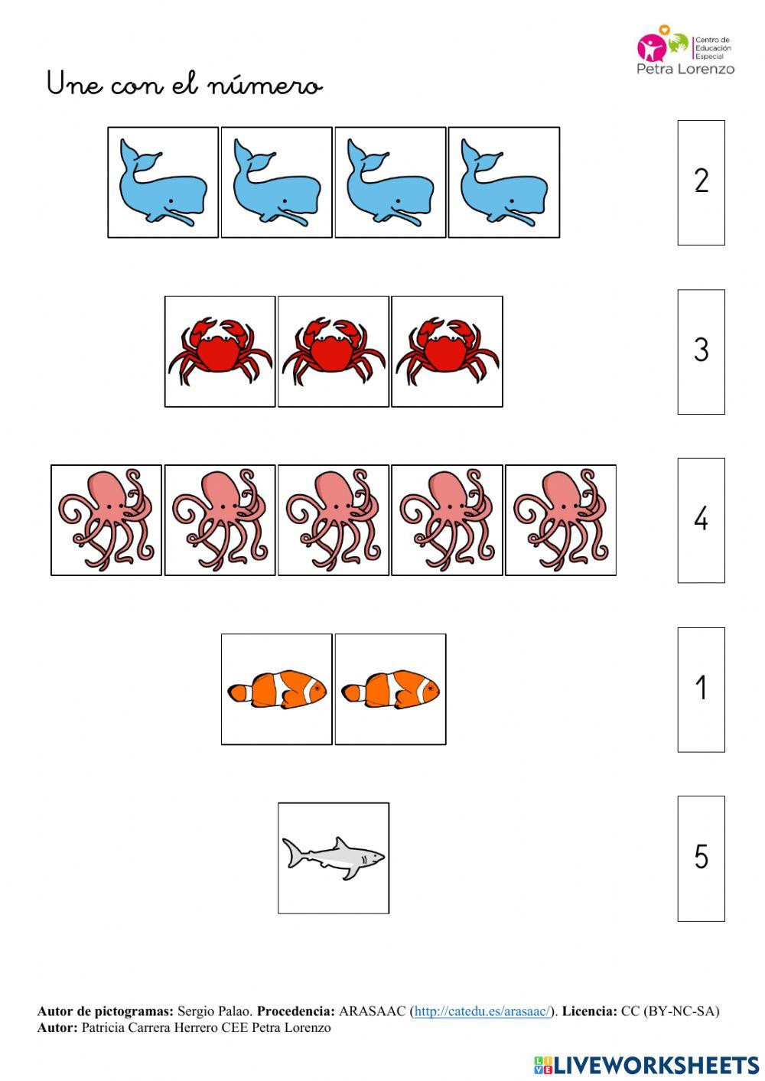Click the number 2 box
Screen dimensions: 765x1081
point(701,182)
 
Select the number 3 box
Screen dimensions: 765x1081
point(701,352)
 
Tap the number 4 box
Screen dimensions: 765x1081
point(701,520)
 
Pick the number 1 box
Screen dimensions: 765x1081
point(701,689)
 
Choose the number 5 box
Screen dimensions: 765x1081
point(701,858)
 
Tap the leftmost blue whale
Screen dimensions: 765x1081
point(163,182)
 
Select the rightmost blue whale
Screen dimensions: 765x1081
point(504,182)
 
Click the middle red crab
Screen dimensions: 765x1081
point(333,351)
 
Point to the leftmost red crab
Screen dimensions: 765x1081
point(220,351)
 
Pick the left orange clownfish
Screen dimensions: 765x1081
point(277,689)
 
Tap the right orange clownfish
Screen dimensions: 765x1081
point(390,689)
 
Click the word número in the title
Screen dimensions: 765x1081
point(265,84)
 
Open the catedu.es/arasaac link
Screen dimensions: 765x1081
point(482,1011)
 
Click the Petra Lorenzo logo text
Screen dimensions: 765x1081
point(685,69)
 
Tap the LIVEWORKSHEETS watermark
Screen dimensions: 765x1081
point(646,1064)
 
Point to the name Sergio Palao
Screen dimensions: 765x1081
point(214,1011)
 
